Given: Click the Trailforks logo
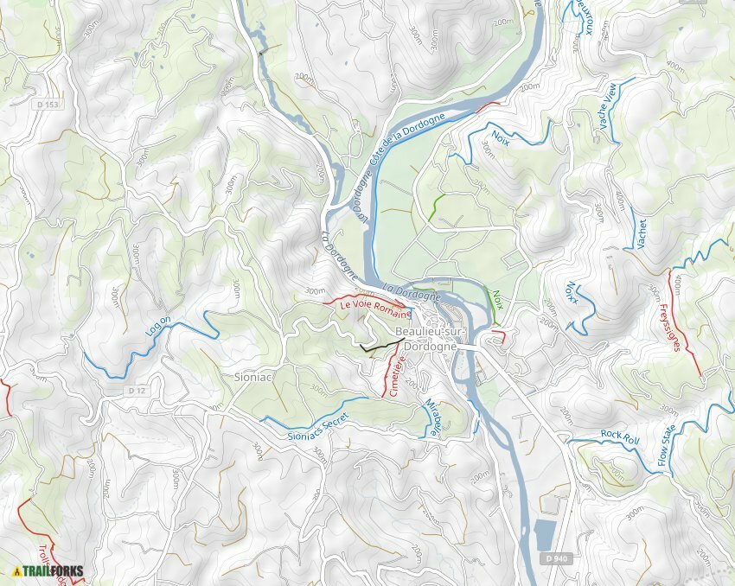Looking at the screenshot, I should [x=48, y=570].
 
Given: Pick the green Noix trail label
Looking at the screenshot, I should [x=497, y=299].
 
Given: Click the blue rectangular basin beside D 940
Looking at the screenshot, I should [x=544, y=535].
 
